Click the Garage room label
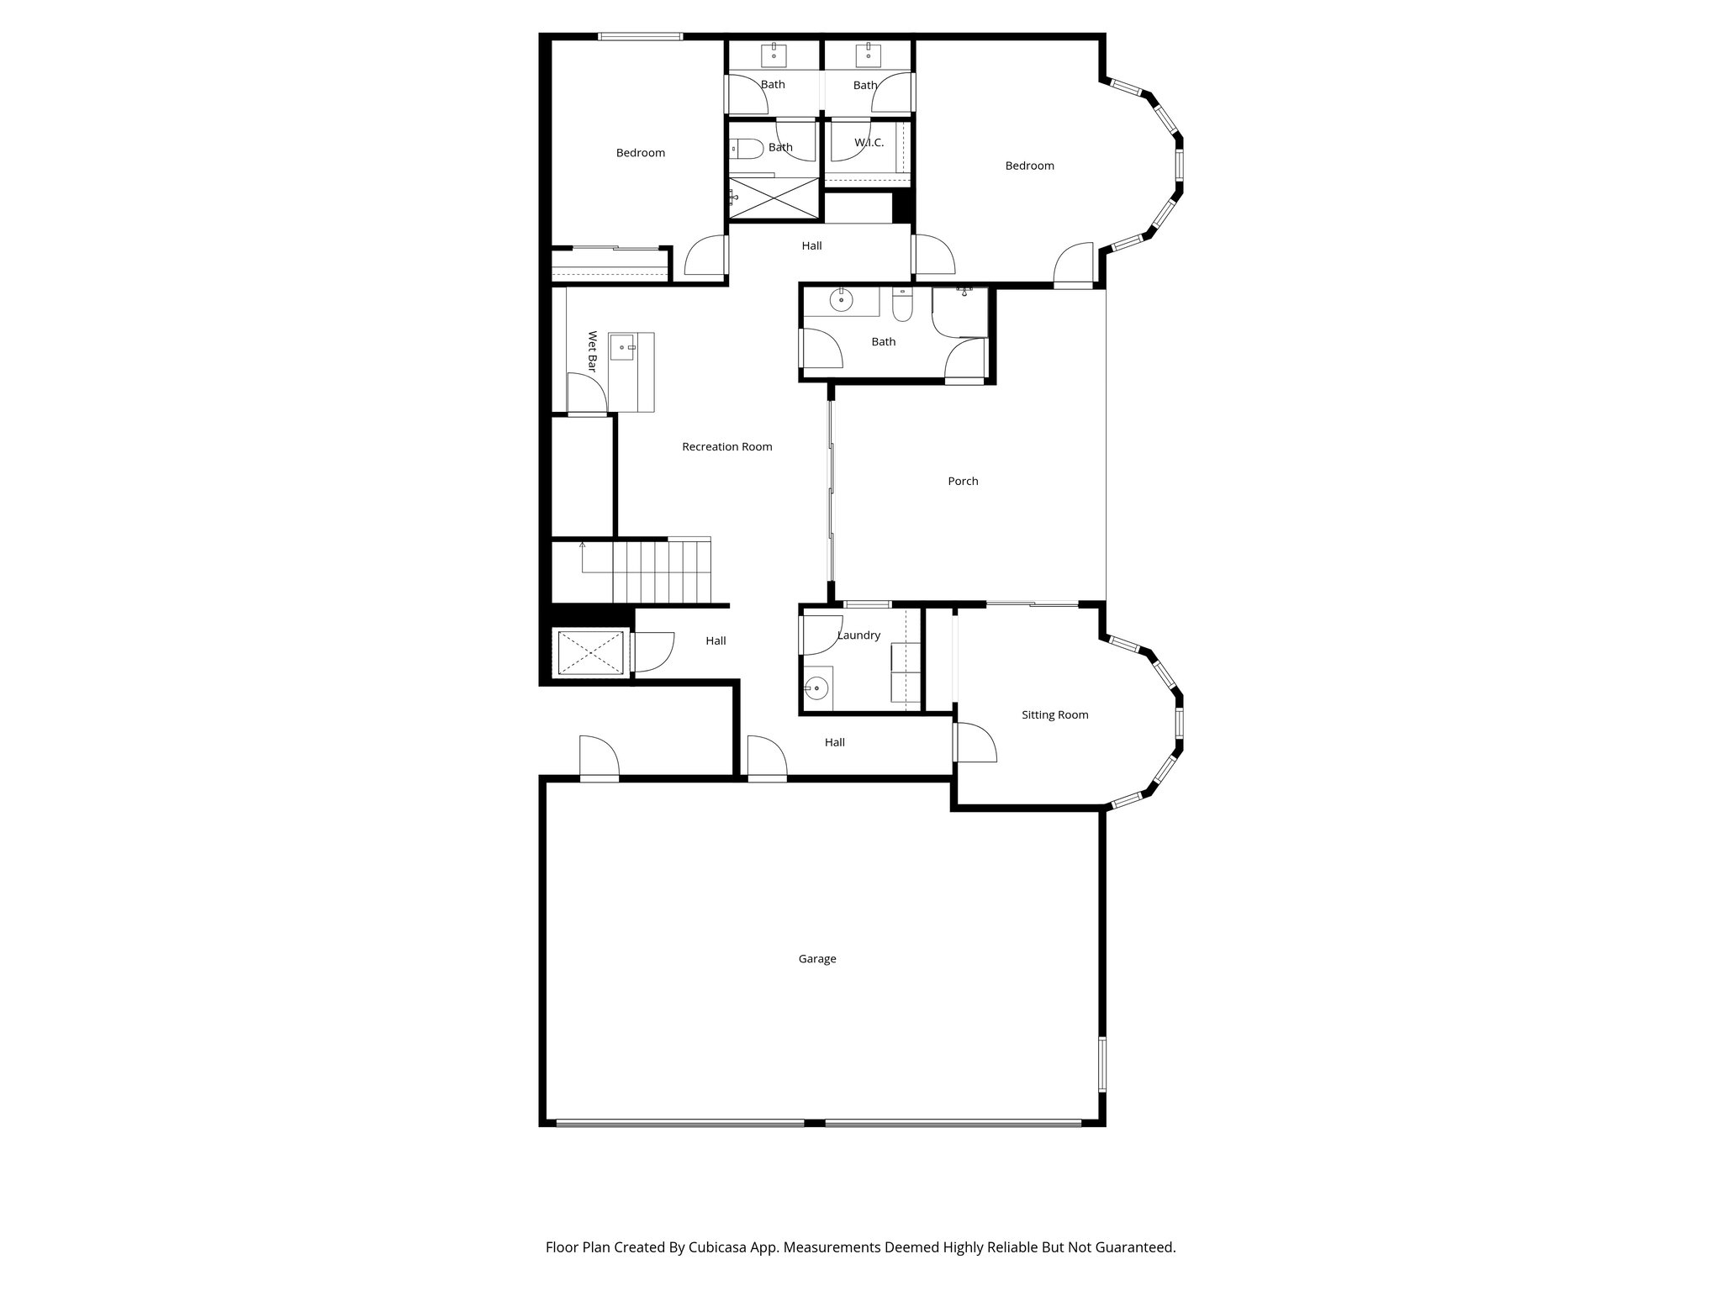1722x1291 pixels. coord(816,959)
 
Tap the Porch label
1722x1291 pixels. coord(963,482)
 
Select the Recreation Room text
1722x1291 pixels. coord(726,447)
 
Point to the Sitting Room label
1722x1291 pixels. coord(1054,715)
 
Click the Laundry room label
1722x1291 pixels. coord(858,635)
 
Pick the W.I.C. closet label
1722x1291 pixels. coord(869,143)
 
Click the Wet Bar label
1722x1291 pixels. coord(592,351)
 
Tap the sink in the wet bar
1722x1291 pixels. coord(622,346)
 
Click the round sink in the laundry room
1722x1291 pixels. coord(815,688)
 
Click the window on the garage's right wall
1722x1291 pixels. coord(1101,1064)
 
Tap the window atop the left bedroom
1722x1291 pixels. coord(640,36)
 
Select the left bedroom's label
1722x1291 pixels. coord(640,153)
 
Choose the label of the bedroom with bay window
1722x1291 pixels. coord(1029,166)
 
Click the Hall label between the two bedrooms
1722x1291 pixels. coord(811,246)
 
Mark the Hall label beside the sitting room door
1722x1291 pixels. coord(834,742)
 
